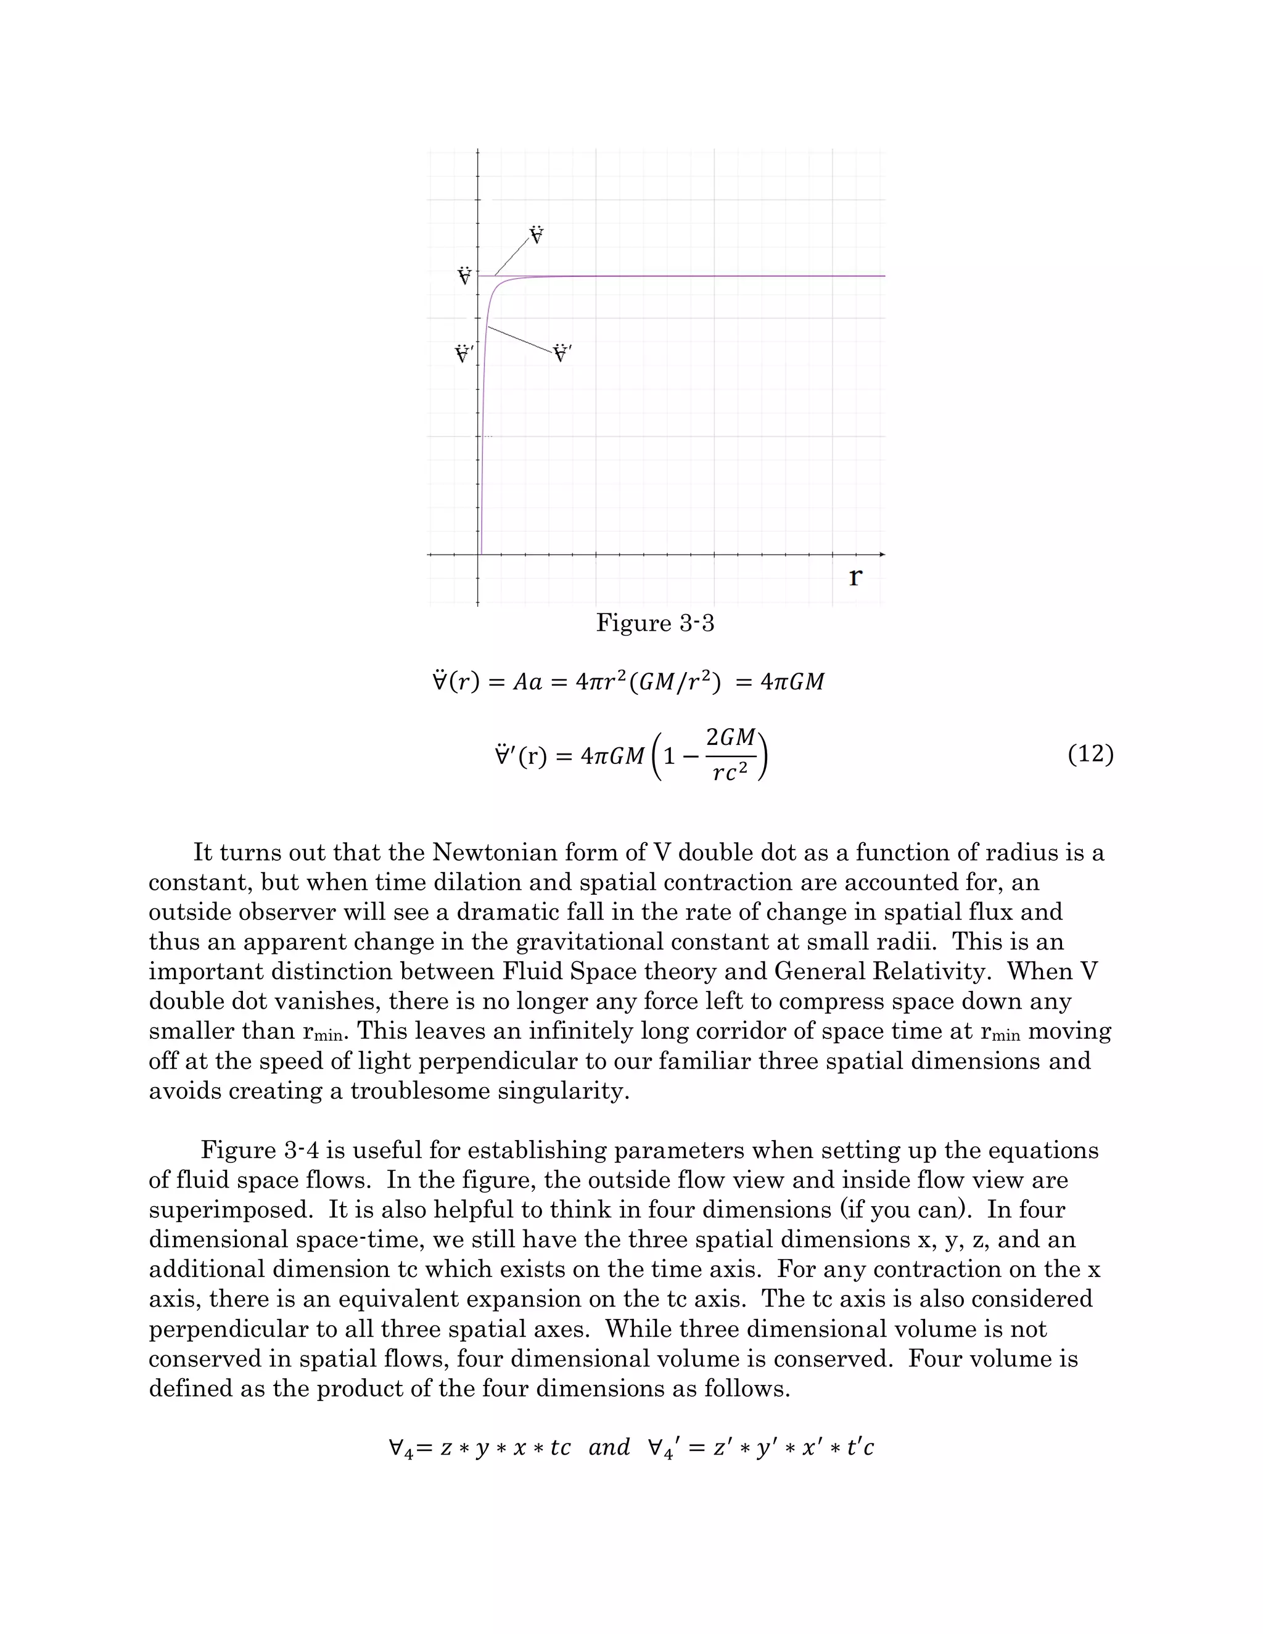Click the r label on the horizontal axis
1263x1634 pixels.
coord(855,578)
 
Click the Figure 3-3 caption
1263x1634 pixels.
coord(655,623)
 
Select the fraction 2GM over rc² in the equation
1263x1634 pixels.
coord(730,756)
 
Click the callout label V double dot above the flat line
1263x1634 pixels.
coord(537,236)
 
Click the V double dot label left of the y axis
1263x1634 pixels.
coord(464,276)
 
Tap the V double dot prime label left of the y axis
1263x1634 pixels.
coord(464,353)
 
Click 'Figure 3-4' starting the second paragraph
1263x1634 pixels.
coord(260,1150)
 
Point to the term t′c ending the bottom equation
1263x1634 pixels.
coord(860,1447)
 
